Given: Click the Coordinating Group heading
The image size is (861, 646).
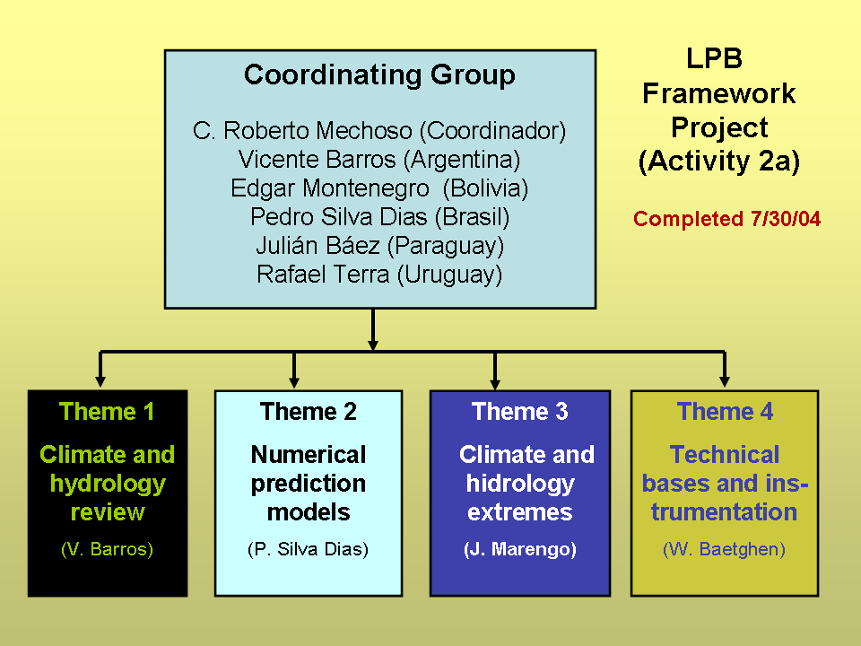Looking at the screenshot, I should click(379, 74).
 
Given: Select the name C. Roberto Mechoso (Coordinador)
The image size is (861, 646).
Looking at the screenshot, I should click(379, 131).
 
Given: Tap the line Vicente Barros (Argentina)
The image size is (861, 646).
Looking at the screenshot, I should click(379, 160).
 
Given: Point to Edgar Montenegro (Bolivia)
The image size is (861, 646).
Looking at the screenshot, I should click(379, 188).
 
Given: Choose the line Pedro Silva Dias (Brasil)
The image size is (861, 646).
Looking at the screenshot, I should click(379, 217).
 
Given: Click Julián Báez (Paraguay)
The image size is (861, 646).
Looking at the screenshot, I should click(379, 246).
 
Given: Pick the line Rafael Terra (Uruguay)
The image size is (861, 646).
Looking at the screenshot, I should click(379, 275).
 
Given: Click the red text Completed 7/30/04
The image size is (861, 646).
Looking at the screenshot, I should click(726, 219).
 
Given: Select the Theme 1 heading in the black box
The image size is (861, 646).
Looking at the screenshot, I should click(107, 412).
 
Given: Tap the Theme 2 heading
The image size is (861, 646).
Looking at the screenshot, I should click(308, 412).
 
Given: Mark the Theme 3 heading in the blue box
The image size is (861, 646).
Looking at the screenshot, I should click(519, 412).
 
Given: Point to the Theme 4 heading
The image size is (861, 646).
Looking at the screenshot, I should click(725, 412).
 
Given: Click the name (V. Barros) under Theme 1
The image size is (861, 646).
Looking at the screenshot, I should click(107, 550).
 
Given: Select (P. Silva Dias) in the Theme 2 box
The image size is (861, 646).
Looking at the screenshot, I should click(308, 550).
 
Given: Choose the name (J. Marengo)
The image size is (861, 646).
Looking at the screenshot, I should click(519, 550).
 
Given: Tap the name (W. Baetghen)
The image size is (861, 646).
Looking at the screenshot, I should click(725, 550).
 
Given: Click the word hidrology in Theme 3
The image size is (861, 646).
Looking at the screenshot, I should click(519, 484).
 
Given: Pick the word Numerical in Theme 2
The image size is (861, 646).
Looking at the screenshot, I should click(308, 455).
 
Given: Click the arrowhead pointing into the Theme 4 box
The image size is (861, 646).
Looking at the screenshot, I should click(725, 381).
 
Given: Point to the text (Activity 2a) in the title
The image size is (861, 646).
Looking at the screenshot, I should click(718, 161).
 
